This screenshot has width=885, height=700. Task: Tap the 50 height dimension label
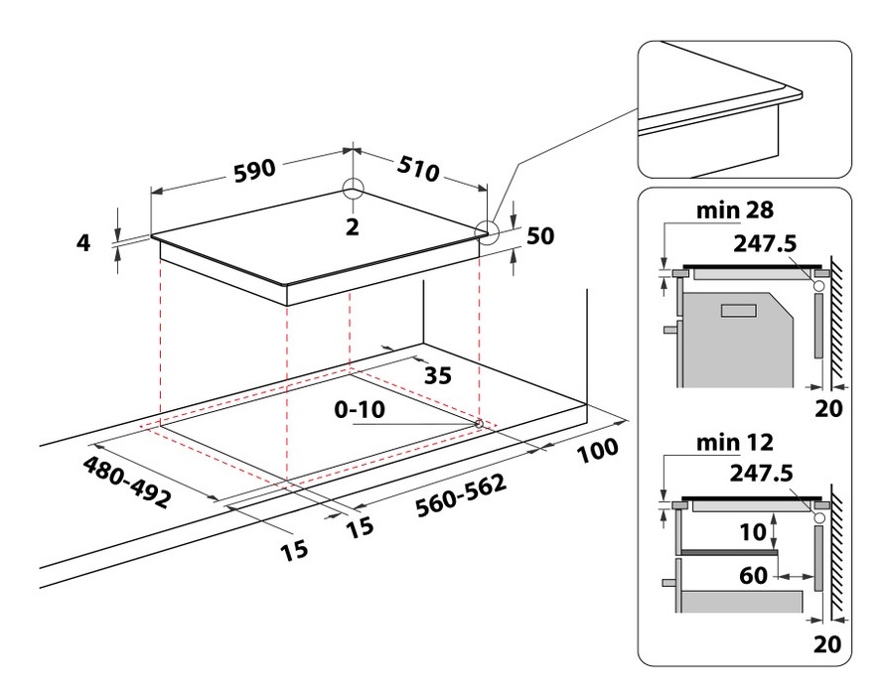[x=539, y=235]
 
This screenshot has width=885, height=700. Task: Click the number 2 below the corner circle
[x=351, y=226]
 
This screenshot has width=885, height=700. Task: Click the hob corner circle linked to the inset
[x=487, y=230]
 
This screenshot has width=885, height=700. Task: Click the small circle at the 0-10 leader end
[x=480, y=424]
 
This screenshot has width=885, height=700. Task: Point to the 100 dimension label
[x=596, y=453]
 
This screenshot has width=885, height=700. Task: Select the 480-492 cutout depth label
[x=126, y=483]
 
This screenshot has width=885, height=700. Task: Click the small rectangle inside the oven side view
[x=739, y=312]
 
